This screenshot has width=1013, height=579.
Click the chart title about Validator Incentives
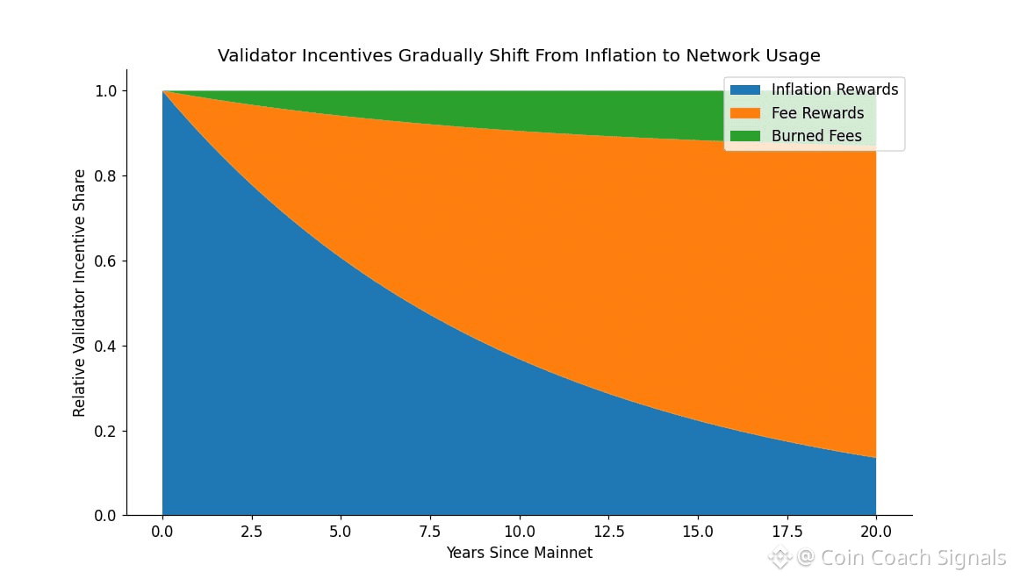click(519, 56)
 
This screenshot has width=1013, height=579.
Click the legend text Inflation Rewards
click(835, 89)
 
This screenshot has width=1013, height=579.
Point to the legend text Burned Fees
click(816, 136)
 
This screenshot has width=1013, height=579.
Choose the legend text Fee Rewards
click(817, 113)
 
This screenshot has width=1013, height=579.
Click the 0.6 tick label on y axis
click(106, 261)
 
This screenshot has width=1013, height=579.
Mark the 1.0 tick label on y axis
click(106, 91)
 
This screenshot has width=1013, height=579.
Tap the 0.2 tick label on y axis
click(106, 432)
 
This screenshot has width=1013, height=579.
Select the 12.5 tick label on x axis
click(608, 532)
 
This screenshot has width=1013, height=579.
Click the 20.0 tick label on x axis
click(876, 532)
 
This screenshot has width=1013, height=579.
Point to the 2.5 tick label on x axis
click(251, 532)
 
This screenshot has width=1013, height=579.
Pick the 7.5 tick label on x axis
click(430, 532)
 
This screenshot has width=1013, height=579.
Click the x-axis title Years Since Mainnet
click(519, 553)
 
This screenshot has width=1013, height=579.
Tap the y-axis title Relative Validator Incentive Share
click(80, 293)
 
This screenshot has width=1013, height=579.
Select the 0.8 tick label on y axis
click(106, 176)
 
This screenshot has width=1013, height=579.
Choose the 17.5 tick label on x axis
click(787, 532)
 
